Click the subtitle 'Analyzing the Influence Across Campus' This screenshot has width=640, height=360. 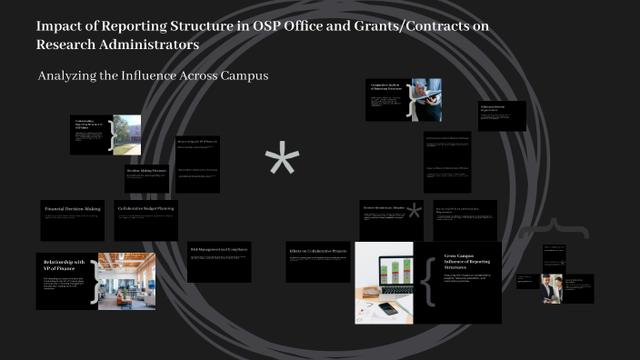[x=153, y=75]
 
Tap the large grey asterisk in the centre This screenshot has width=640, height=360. [x=282, y=162]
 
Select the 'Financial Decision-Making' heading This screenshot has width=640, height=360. [x=72, y=209]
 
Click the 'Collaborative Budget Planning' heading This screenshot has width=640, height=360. [x=145, y=208]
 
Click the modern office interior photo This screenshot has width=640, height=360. [x=126, y=280]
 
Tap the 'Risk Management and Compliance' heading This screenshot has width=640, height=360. [x=219, y=249]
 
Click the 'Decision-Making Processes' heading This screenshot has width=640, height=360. [x=145, y=171]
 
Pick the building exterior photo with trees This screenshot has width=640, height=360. [x=127, y=134]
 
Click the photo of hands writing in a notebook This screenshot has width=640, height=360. [x=425, y=100]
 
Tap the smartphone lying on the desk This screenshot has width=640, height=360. [x=388, y=309]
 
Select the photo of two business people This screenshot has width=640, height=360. [x=551, y=287]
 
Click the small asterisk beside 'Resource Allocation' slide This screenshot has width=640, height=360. [x=415, y=212]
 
